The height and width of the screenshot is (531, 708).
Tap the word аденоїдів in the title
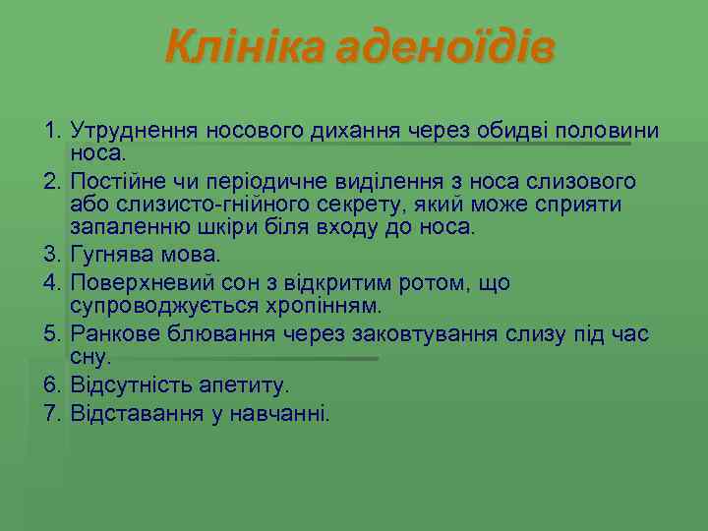tap(445, 45)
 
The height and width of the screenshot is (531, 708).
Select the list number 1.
tap(52, 131)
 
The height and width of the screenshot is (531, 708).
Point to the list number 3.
tap(52, 255)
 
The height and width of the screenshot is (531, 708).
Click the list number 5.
tap(52, 334)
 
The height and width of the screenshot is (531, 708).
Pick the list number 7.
tap(52, 412)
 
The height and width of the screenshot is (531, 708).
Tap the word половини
tap(608, 131)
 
